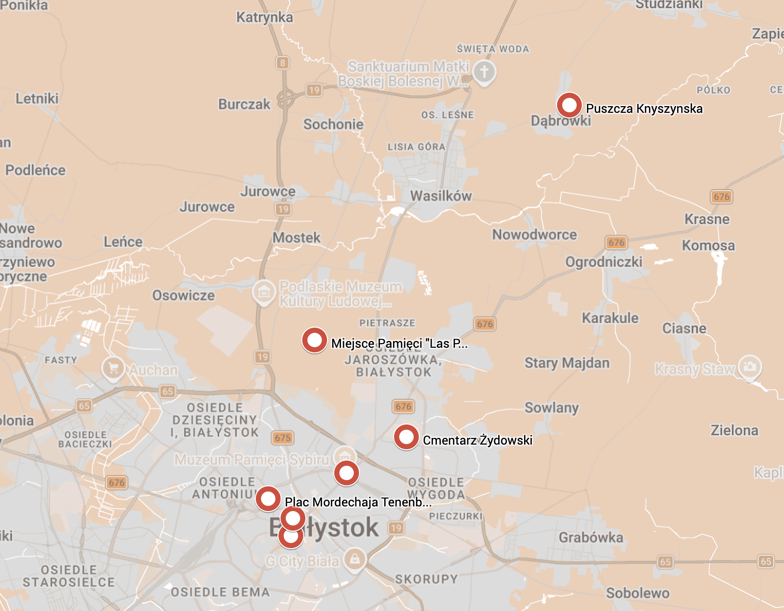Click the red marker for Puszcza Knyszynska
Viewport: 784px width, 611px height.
(x=569, y=105)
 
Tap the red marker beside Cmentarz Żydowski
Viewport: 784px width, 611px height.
(x=406, y=437)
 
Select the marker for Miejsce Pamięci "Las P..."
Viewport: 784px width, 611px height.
(x=314, y=340)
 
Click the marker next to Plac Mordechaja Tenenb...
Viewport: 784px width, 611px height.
(x=268, y=499)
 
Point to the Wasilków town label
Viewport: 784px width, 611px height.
(x=441, y=196)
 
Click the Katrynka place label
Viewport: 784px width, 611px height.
(x=264, y=18)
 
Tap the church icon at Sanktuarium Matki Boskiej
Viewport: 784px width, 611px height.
(x=484, y=72)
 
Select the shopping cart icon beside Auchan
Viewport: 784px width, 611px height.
(x=113, y=368)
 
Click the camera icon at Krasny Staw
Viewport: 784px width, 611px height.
(x=749, y=366)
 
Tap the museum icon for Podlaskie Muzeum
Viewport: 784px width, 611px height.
(x=264, y=292)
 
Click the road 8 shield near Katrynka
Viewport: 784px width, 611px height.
(x=282, y=63)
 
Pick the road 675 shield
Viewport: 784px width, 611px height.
(x=283, y=438)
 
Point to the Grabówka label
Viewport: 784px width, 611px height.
(x=591, y=537)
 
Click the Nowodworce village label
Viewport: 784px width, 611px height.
(x=534, y=234)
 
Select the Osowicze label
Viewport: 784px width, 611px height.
(x=183, y=295)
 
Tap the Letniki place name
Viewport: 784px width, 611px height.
(x=37, y=98)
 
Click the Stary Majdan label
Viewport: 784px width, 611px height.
(x=567, y=363)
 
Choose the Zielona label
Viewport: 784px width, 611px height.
(x=734, y=430)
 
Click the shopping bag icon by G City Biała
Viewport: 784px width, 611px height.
(x=354, y=559)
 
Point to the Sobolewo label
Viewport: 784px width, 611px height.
(x=638, y=593)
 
